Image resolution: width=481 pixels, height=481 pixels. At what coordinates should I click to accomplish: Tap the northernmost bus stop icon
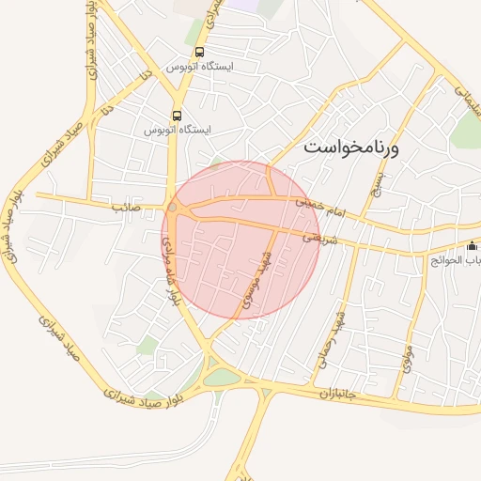pyautogui.click(x=199, y=53)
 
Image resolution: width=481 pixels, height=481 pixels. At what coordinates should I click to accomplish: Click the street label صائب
pyautogui.click(x=125, y=205)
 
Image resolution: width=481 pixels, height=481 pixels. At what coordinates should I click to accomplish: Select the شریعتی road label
pyautogui.click(x=318, y=238)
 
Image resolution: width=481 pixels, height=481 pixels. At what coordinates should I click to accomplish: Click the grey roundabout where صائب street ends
pyautogui.click(x=173, y=207)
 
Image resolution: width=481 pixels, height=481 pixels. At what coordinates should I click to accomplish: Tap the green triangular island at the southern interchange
pyautogui.click(x=223, y=378)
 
